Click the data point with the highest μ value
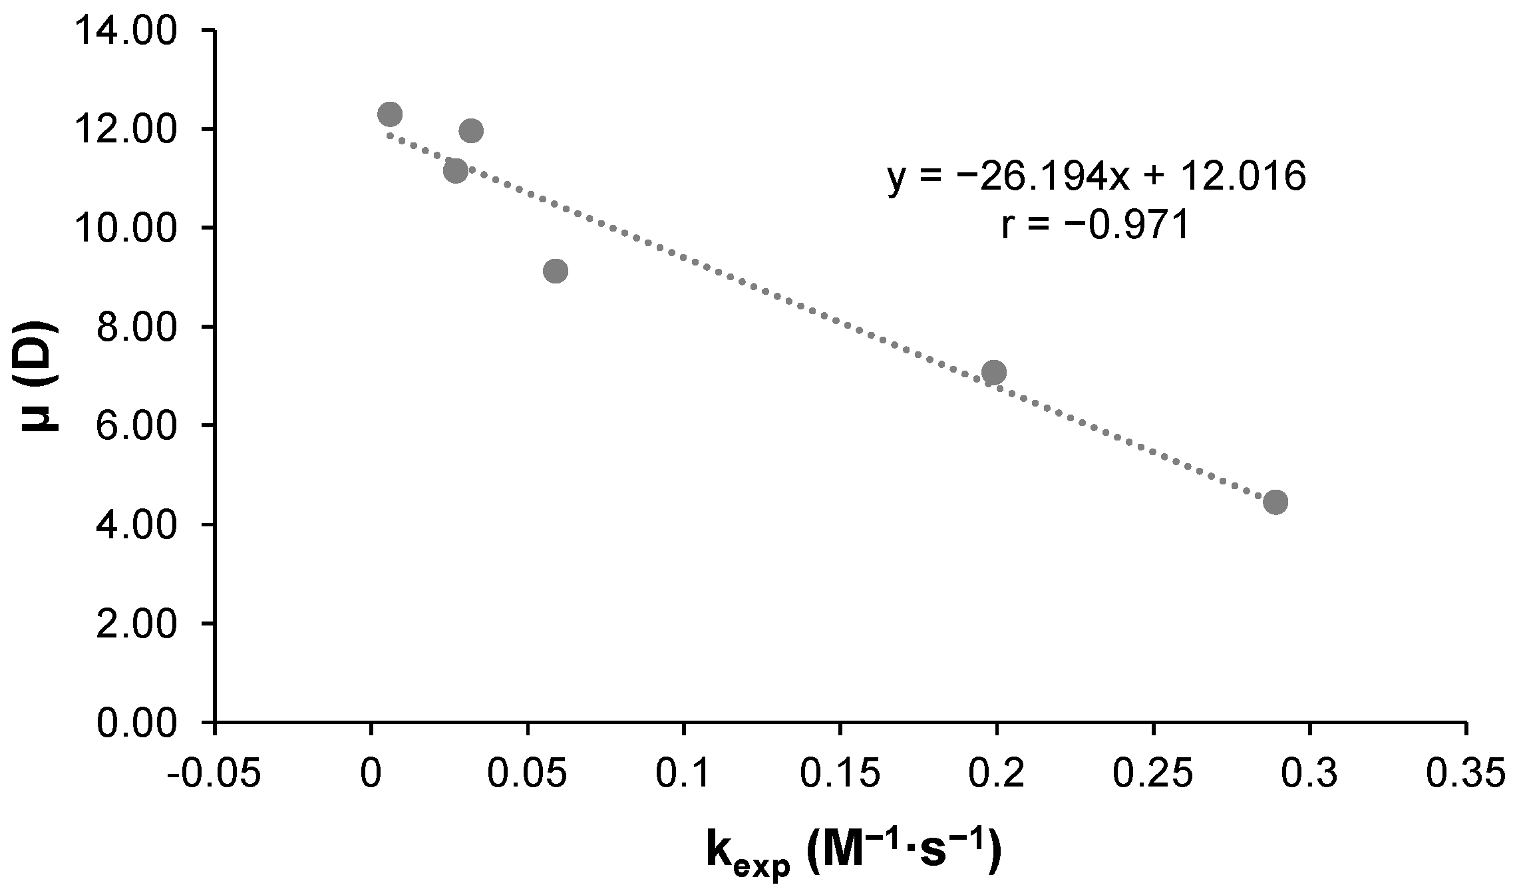[389, 114]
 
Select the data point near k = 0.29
[1275, 502]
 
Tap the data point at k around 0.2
[993, 372]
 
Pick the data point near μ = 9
[555, 271]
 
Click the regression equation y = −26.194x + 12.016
[1096, 178]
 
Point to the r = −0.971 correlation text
[1095, 226]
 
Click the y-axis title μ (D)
[40, 377]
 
